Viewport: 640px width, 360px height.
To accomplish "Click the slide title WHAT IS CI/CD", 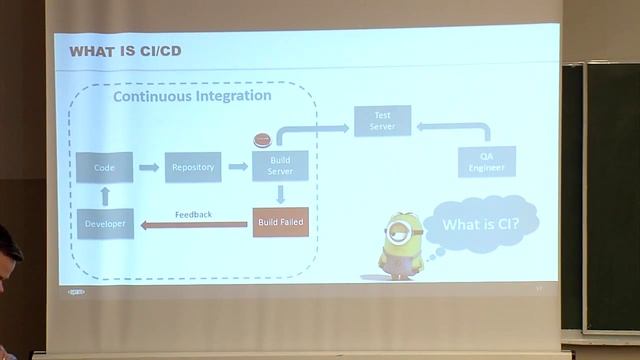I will coord(125,51).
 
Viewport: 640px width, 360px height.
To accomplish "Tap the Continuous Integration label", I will coord(192,97).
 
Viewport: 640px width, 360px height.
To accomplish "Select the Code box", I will coord(104,167).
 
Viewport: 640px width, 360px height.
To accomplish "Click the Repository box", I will coord(193,167).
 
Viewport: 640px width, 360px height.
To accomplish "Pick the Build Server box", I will coord(280,166).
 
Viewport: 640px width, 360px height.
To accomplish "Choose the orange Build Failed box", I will coord(280,220).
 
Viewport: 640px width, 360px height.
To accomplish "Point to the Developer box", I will coord(104,223).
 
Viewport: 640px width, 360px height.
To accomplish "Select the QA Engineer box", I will coord(487,161).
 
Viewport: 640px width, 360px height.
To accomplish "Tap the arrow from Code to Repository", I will coord(148,167).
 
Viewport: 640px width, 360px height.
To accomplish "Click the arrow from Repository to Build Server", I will coord(238,167).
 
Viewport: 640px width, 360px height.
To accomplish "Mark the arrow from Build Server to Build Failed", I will coord(281,193).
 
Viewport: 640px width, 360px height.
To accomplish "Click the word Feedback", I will coord(193,214).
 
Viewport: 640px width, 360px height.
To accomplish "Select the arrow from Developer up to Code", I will coord(104,195).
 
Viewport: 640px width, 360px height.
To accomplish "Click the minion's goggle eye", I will coord(398,233).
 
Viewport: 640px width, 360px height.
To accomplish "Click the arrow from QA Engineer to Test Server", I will coord(455,127).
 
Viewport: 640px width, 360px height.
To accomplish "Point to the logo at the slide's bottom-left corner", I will coord(77,293).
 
